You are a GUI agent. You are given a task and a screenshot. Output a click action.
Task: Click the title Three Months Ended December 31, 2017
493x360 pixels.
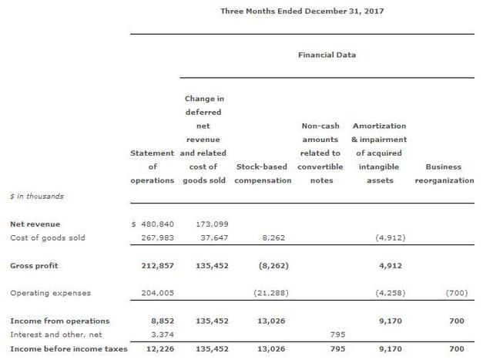click(302, 11)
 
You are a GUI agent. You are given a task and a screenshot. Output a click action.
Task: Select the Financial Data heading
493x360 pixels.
click(327, 55)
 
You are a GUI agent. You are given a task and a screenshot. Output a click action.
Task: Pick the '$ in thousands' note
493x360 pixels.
click(37, 196)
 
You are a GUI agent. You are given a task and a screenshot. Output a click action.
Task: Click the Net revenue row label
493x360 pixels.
click(31, 224)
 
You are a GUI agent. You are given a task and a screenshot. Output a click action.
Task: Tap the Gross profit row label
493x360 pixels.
click(34, 265)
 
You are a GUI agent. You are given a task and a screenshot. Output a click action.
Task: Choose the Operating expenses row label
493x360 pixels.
click(50, 293)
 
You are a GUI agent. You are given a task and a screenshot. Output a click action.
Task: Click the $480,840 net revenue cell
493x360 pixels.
click(153, 224)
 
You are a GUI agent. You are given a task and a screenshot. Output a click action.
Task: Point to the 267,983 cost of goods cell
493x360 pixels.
click(157, 237)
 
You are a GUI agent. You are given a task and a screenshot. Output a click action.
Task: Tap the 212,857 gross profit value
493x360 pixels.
click(157, 265)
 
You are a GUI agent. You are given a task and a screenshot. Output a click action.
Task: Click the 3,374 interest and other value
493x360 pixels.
click(161, 335)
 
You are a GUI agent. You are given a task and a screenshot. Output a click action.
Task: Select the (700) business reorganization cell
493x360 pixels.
click(456, 293)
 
